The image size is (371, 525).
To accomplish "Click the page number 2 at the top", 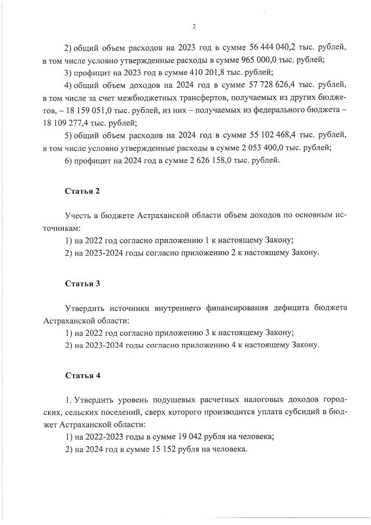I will (193, 26).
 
